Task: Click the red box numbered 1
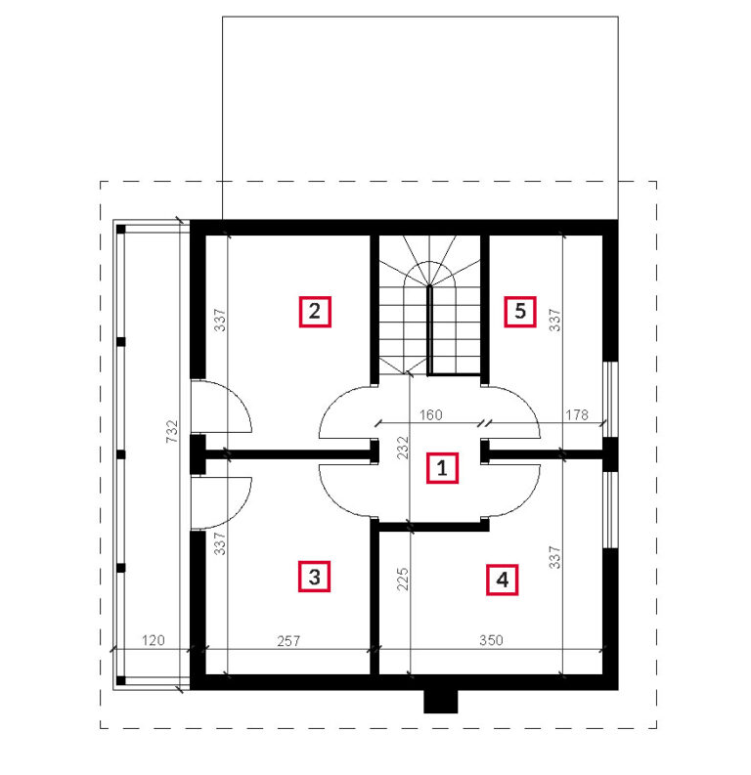[x=442, y=467]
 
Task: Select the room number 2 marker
[x=315, y=312]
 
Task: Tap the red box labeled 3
[x=314, y=577]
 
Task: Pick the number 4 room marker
[x=502, y=580]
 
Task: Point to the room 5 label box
[x=519, y=312]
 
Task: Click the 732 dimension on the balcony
[x=171, y=431]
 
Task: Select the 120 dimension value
[x=153, y=640]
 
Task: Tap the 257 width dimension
[x=288, y=641]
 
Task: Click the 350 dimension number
[x=491, y=640]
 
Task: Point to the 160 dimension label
[x=430, y=414]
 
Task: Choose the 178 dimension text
[x=577, y=414]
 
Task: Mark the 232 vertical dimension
[x=403, y=448]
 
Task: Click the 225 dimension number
[x=403, y=579]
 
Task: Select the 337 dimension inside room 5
[x=555, y=320]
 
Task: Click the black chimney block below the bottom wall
[x=440, y=702]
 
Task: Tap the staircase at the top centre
[x=429, y=306]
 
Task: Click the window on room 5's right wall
[x=611, y=400]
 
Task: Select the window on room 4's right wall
[x=611, y=510]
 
